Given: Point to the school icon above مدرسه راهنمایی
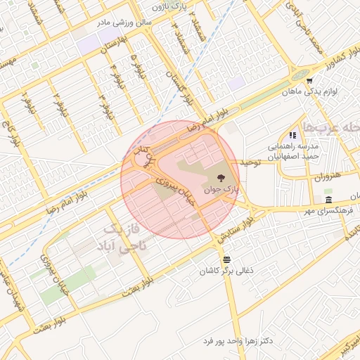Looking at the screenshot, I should (x=292, y=135).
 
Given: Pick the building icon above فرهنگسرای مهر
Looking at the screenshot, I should (x=330, y=200).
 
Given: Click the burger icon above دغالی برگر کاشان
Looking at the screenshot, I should (x=226, y=259).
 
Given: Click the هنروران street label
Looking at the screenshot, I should (x=309, y=174).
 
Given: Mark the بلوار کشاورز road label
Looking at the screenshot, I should (x=328, y=60).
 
